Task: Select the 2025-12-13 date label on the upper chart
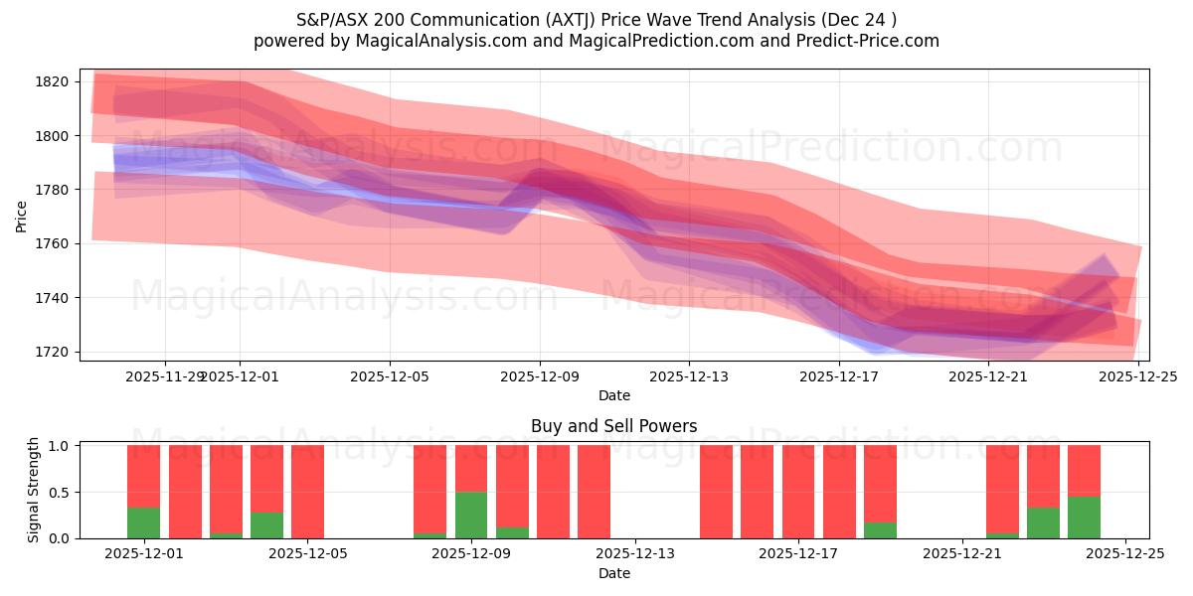pos(689,377)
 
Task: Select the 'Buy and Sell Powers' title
pos(613,426)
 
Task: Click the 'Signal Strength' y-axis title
pos(34,490)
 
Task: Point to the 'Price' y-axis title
pos(22,216)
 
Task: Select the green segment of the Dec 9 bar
pos(471,515)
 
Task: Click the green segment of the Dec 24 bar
pos(1084,518)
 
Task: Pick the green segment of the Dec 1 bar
pos(143,522)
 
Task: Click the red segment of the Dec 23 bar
pos(1043,476)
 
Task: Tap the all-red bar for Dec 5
pos(307,492)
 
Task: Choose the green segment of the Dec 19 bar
pos(880,530)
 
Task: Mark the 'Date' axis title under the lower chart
pos(613,573)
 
